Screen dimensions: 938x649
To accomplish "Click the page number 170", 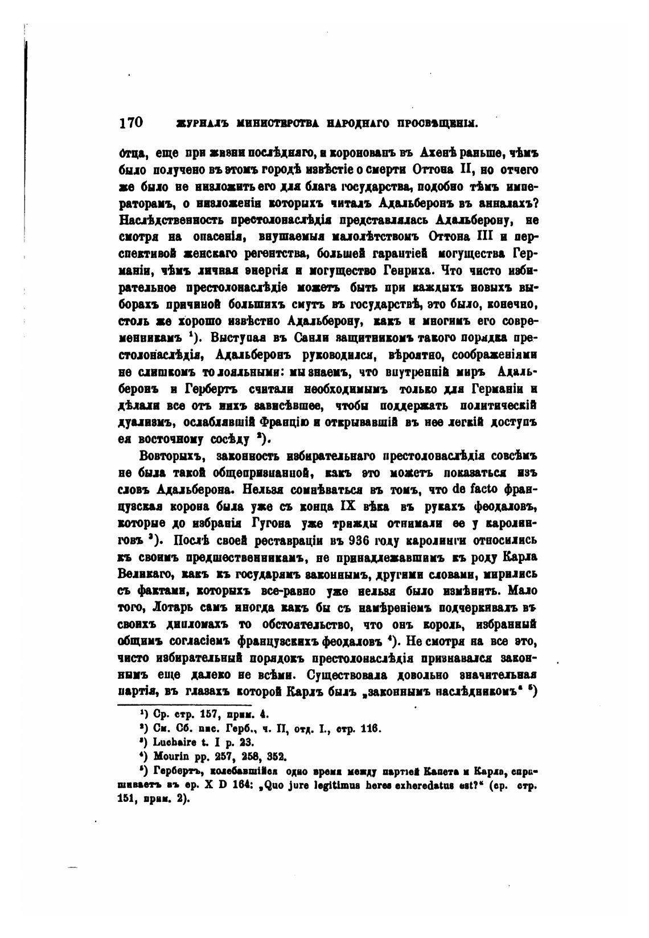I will tap(130, 122).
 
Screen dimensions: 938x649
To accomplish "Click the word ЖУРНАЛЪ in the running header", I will tap(184, 124).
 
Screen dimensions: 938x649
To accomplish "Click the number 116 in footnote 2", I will tap(371, 728).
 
